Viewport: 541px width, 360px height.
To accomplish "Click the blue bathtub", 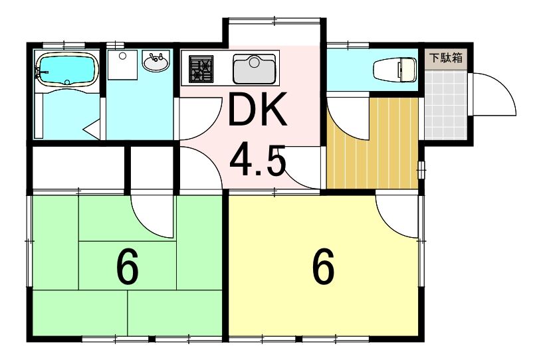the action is [x=67, y=69].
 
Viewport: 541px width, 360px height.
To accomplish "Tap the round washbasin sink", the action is [x=156, y=62].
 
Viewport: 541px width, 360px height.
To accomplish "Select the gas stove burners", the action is [x=201, y=69].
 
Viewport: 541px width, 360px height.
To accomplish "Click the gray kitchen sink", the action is [x=255, y=69].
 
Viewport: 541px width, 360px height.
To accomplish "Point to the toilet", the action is [x=395, y=70].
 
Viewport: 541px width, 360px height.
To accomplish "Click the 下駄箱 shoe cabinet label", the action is [x=446, y=58].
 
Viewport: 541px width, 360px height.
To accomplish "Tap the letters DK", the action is [x=257, y=110].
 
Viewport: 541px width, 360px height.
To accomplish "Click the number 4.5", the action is [x=258, y=161].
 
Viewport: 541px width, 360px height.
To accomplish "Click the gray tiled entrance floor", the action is [x=446, y=104].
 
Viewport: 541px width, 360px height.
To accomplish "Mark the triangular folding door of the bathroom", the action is [x=92, y=130].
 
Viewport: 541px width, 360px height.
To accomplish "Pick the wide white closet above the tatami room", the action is [x=78, y=167].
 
